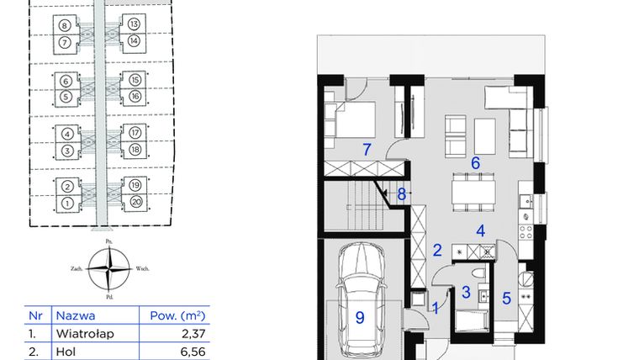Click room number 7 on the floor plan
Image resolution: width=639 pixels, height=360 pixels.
click(367, 150)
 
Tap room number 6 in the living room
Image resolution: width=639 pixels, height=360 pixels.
click(475, 163)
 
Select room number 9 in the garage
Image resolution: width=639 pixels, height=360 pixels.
click(360, 317)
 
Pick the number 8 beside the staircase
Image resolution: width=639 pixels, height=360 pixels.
click(402, 194)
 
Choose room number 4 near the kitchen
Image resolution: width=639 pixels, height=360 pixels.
click(480, 230)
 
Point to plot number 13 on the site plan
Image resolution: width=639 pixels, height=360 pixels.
click(135, 24)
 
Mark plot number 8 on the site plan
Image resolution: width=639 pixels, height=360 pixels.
click(64, 24)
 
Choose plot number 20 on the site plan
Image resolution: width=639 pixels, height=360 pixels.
click(135, 203)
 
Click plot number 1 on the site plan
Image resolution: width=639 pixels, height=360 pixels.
click(65, 203)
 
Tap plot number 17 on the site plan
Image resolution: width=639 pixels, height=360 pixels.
click(135, 132)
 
